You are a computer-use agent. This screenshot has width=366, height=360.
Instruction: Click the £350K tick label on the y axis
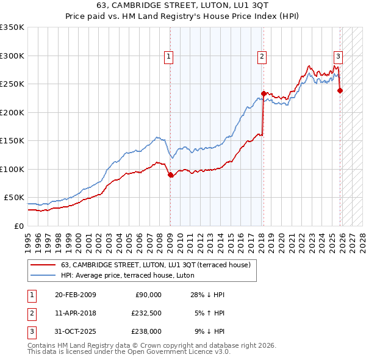point(12,27)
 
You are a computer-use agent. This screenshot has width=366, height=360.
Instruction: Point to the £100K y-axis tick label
point(12,169)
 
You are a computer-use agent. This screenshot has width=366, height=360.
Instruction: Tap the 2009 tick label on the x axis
point(170,238)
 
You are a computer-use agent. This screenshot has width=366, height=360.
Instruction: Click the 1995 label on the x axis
point(27,238)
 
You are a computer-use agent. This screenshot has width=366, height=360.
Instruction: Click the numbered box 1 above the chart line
point(168,57)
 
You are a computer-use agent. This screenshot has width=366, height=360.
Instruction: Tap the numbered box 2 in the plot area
point(262,57)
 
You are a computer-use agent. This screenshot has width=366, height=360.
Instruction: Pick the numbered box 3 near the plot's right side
point(337,57)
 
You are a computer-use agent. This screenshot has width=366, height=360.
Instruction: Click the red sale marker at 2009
point(170,175)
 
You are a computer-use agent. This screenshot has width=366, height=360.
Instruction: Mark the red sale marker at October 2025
point(340,91)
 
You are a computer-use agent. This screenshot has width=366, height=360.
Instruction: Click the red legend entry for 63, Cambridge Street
point(151,265)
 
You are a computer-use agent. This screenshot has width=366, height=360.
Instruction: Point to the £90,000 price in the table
point(147,295)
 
